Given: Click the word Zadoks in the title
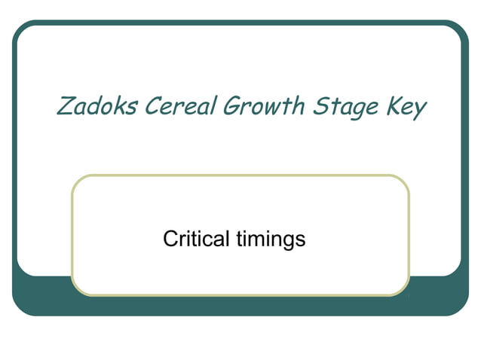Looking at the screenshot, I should (x=97, y=106).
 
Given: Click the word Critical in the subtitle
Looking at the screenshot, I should (x=195, y=239).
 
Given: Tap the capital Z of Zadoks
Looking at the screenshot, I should (x=66, y=106).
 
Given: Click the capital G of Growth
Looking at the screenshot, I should (x=231, y=106).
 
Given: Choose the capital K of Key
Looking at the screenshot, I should (x=394, y=106).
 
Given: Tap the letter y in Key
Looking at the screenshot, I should (x=420, y=110).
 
